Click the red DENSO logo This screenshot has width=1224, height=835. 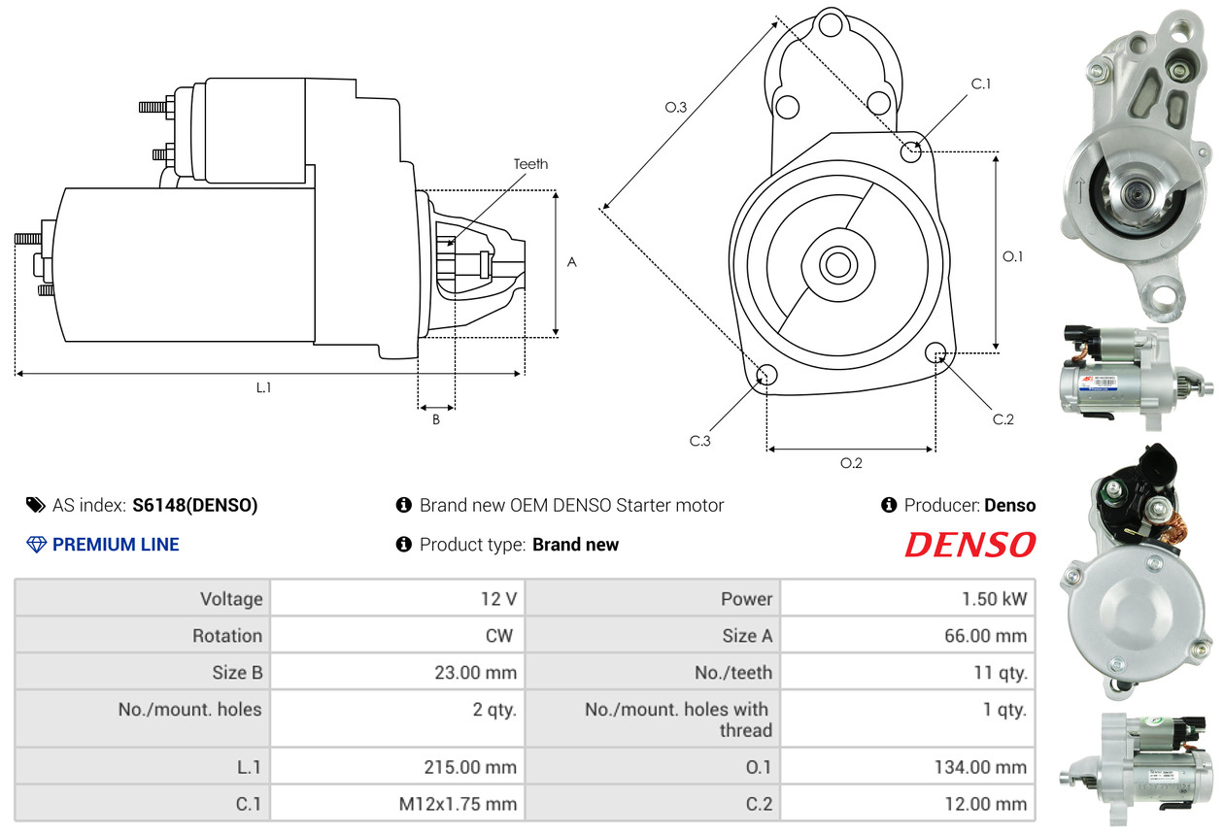pyautogui.click(x=970, y=545)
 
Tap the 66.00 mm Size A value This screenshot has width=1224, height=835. pyautogui.click(x=985, y=636)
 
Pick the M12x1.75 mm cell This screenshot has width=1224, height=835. pyautogui.click(x=458, y=804)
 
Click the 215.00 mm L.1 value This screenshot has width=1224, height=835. pyautogui.click(x=470, y=767)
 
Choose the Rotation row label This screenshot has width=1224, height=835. pyautogui.click(x=227, y=636)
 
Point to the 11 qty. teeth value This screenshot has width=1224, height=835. pyautogui.click(x=1001, y=673)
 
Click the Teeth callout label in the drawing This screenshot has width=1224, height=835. pyautogui.click(x=530, y=164)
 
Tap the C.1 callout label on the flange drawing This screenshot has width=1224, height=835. pyautogui.click(x=981, y=83)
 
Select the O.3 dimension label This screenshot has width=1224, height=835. pyautogui.click(x=675, y=107)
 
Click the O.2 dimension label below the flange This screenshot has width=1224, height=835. pyautogui.click(x=851, y=463)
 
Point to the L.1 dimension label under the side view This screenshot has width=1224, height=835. pyautogui.click(x=263, y=387)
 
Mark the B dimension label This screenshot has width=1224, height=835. pyautogui.click(x=435, y=419)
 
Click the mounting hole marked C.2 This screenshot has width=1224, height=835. pyautogui.click(x=935, y=352)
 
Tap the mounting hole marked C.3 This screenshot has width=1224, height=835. pyautogui.click(x=766, y=375)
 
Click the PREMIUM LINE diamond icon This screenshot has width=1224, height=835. pyautogui.click(x=36, y=545)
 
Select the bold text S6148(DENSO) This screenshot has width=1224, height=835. pyautogui.click(x=194, y=505)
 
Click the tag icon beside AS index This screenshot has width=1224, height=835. pyautogui.click(x=36, y=505)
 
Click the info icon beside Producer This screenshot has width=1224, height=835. pyautogui.click(x=889, y=505)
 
